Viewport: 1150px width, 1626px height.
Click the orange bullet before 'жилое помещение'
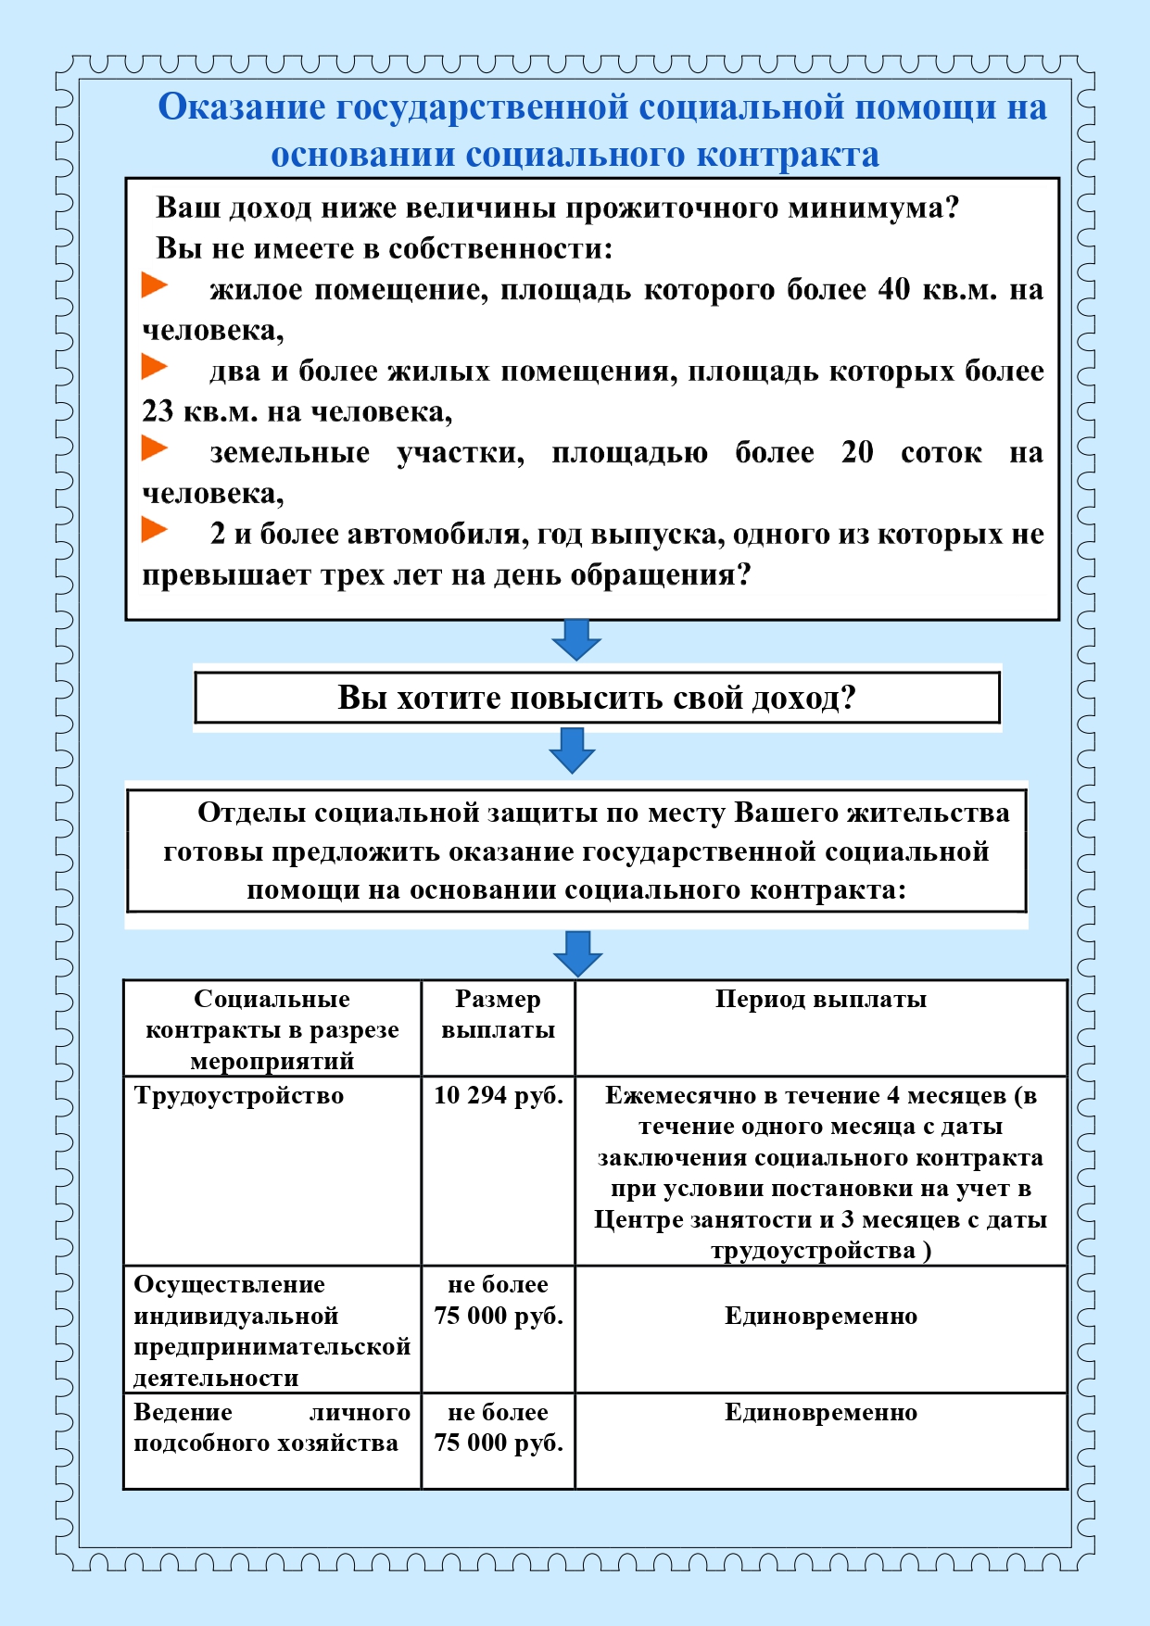pyautogui.click(x=154, y=285)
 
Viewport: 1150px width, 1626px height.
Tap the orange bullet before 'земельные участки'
pyautogui.click(x=154, y=448)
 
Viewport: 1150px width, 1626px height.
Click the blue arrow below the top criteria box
pyautogui.click(x=576, y=639)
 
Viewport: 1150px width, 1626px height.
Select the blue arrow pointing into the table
pyautogui.click(x=577, y=953)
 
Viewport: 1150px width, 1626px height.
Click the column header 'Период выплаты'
pyautogui.click(x=820, y=999)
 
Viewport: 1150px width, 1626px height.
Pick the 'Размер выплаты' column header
pyautogui.click(x=498, y=1015)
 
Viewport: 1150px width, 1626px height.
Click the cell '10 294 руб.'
pyautogui.click(x=498, y=1095)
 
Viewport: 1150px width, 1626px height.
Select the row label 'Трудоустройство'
pyautogui.click(x=239, y=1095)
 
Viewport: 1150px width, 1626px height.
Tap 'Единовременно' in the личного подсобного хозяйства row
pyautogui.click(x=820, y=1412)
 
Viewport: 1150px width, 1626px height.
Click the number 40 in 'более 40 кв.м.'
pyautogui.click(x=894, y=289)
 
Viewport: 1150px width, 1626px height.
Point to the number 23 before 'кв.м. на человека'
pyautogui.click(x=158, y=411)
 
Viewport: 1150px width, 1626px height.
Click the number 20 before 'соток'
pyautogui.click(x=857, y=452)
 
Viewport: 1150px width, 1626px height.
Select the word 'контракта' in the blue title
pyautogui.click(x=788, y=155)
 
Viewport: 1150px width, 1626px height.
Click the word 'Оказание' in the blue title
pyautogui.click(x=242, y=107)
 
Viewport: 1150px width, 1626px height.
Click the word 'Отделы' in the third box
pyautogui.click(x=251, y=813)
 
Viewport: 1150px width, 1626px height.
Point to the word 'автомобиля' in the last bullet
pyautogui.click(x=433, y=534)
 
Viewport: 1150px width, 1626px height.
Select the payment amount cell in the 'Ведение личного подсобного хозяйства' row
pyautogui.click(x=498, y=1428)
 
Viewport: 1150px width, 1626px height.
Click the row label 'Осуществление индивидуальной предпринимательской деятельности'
pyautogui.click(x=272, y=1330)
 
